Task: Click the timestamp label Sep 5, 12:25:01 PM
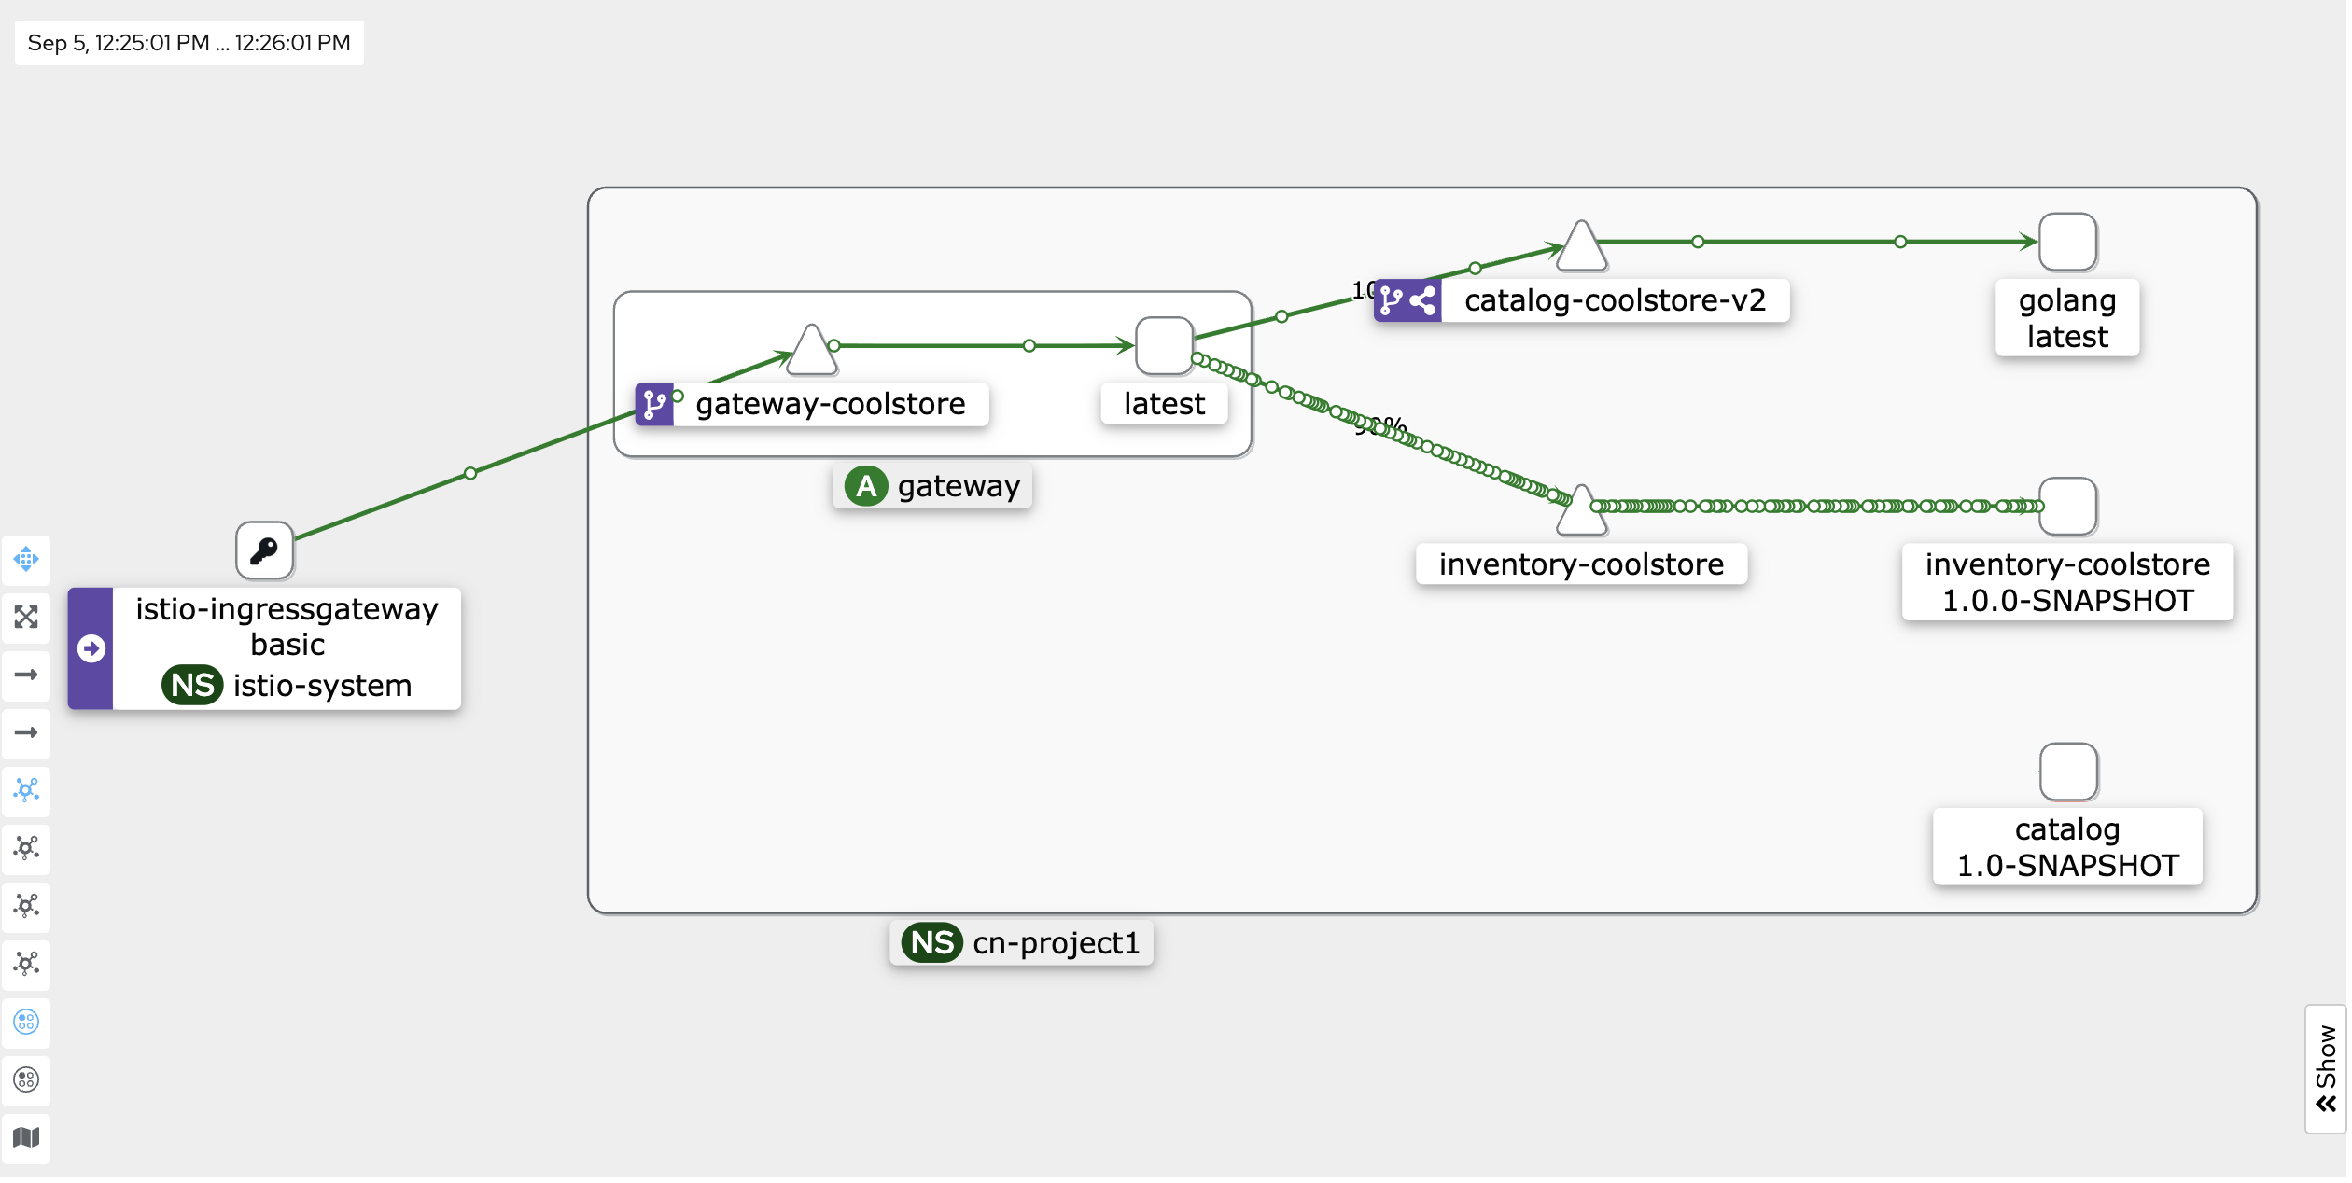(x=119, y=43)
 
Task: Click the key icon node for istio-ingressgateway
(x=265, y=551)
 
